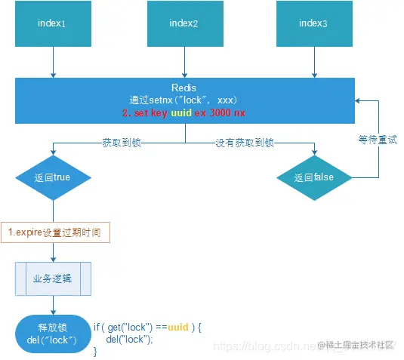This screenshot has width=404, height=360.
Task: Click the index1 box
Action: [52, 23]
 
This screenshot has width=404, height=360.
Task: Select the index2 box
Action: [184, 23]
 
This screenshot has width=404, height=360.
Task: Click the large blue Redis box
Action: [184, 100]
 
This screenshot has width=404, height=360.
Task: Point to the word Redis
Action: [184, 88]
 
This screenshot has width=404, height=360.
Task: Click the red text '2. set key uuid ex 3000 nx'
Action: [184, 112]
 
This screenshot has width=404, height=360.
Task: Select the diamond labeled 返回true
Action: [52, 178]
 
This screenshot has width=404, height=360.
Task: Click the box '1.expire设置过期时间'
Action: [55, 231]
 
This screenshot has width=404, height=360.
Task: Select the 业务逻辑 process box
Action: [53, 278]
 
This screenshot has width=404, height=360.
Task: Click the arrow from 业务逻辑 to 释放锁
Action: [52, 305]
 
